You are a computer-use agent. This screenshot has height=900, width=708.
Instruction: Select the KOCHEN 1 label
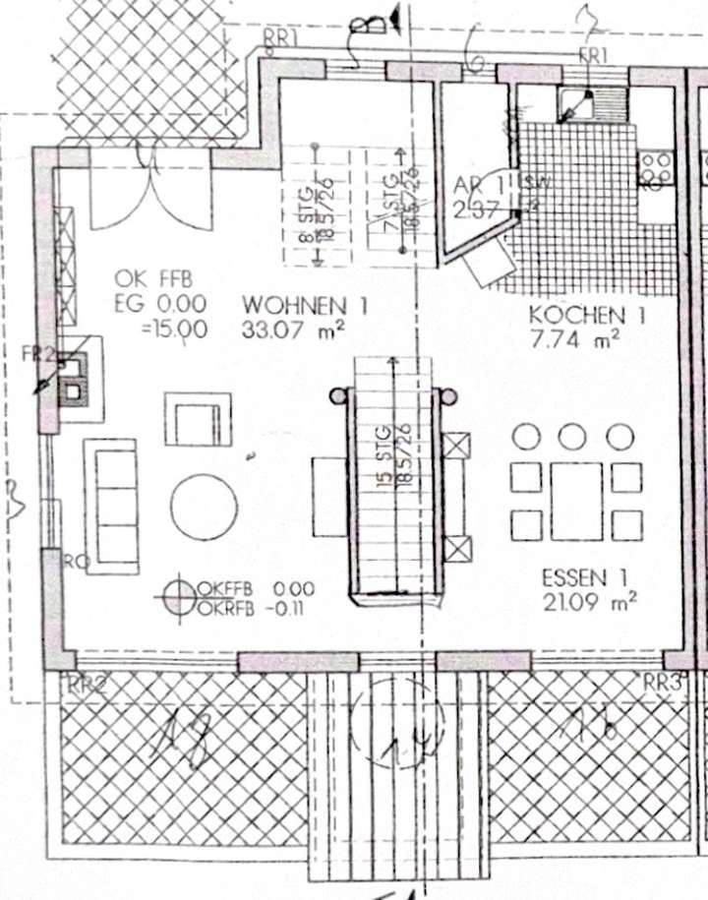[587, 317]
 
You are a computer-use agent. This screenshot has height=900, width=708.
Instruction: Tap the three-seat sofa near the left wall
[111, 506]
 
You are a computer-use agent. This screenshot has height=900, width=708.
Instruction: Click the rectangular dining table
[576, 501]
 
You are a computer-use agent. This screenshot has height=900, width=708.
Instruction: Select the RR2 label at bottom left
[86, 686]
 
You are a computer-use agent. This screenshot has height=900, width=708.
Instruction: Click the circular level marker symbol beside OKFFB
[179, 596]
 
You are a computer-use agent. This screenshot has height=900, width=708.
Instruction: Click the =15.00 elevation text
[175, 330]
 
